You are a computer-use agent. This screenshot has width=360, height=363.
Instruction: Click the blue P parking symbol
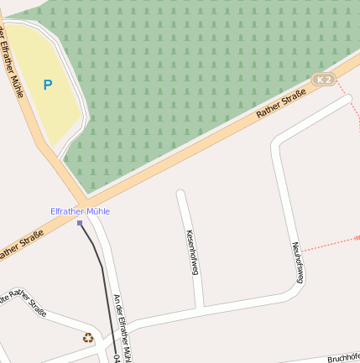(47, 85)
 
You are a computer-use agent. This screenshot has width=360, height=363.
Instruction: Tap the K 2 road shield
(324, 80)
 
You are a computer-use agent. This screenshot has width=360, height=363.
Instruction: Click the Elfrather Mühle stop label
(80, 211)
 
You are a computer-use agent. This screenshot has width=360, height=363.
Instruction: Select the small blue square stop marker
(80, 223)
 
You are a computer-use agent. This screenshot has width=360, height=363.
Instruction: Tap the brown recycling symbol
(88, 338)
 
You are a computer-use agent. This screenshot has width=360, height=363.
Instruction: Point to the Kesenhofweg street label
(193, 252)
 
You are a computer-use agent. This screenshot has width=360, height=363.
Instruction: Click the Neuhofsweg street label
(297, 263)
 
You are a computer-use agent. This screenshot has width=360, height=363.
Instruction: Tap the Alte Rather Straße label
(24, 305)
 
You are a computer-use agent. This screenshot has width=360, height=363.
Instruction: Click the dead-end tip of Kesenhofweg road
(180, 194)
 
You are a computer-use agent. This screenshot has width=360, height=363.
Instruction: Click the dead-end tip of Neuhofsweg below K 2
(347, 99)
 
